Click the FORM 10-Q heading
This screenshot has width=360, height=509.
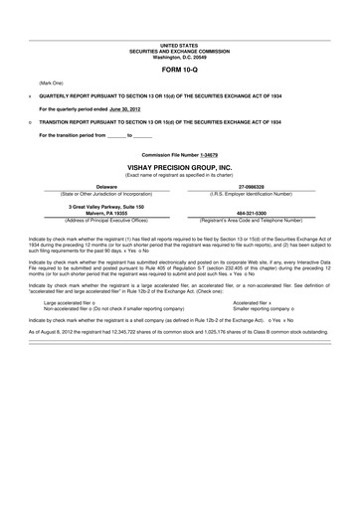coord(179,73)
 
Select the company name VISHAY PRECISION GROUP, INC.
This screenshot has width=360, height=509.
coord(179,169)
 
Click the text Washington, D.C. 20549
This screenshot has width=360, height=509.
coord(179,57)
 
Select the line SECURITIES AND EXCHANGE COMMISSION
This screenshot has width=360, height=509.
coord(179,51)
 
